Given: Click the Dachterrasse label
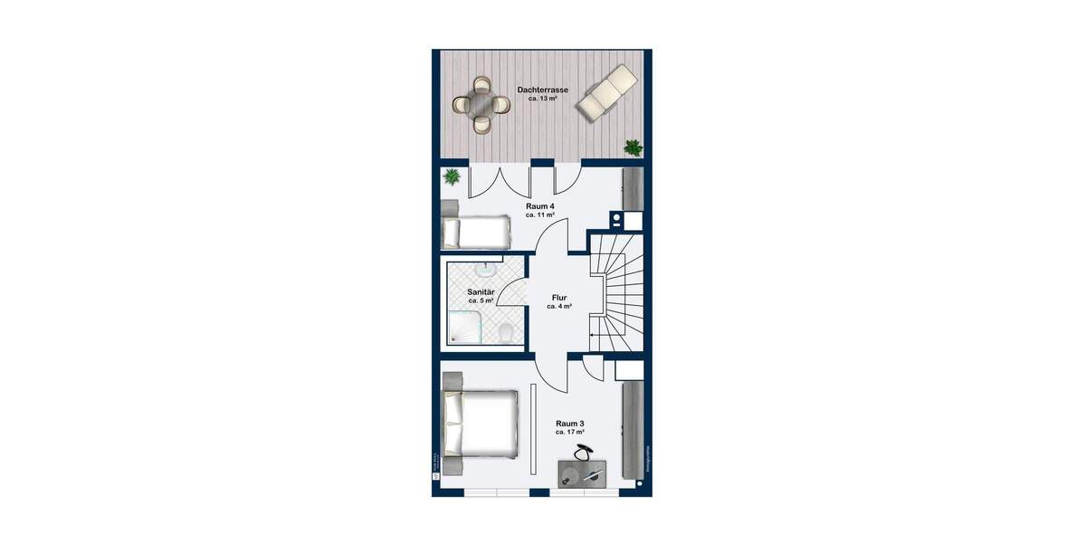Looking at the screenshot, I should click(542, 90).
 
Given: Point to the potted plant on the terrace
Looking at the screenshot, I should click(633, 146).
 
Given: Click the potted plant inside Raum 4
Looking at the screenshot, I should click(452, 176).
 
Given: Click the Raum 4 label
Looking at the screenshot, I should click(540, 206).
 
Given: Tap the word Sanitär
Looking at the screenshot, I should click(481, 291).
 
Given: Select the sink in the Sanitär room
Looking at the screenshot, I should click(487, 269).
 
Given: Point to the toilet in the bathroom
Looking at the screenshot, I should click(508, 333).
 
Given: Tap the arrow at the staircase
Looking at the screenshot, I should click(594, 336).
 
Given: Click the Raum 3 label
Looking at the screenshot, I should click(569, 423).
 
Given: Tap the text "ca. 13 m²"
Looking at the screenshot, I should click(542, 99).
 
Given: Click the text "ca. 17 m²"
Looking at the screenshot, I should click(569, 432).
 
